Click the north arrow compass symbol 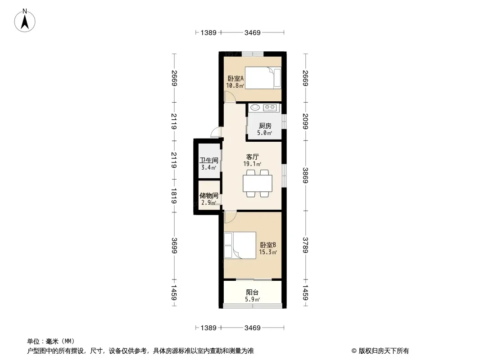(x=25, y=21)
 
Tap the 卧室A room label (x=235, y=79)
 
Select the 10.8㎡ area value (x=235, y=85)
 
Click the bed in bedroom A (x=263, y=78)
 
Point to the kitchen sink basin (x=255, y=108)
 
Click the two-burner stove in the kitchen (x=270, y=108)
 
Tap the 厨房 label (x=265, y=126)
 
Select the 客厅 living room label (x=252, y=157)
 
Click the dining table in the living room (x=258, y=183)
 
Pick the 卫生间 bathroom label (x=209, y=160)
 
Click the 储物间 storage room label (x=209, y=195)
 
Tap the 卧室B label (x=268, y=245)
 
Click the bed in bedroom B (x=240, y=245)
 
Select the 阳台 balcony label (x=252, y=292)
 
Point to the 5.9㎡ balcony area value (x=252, y=299)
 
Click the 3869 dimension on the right (x=305, y=175)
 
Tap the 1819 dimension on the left (x=174, y=196)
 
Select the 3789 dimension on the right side (x=305, y=245)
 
